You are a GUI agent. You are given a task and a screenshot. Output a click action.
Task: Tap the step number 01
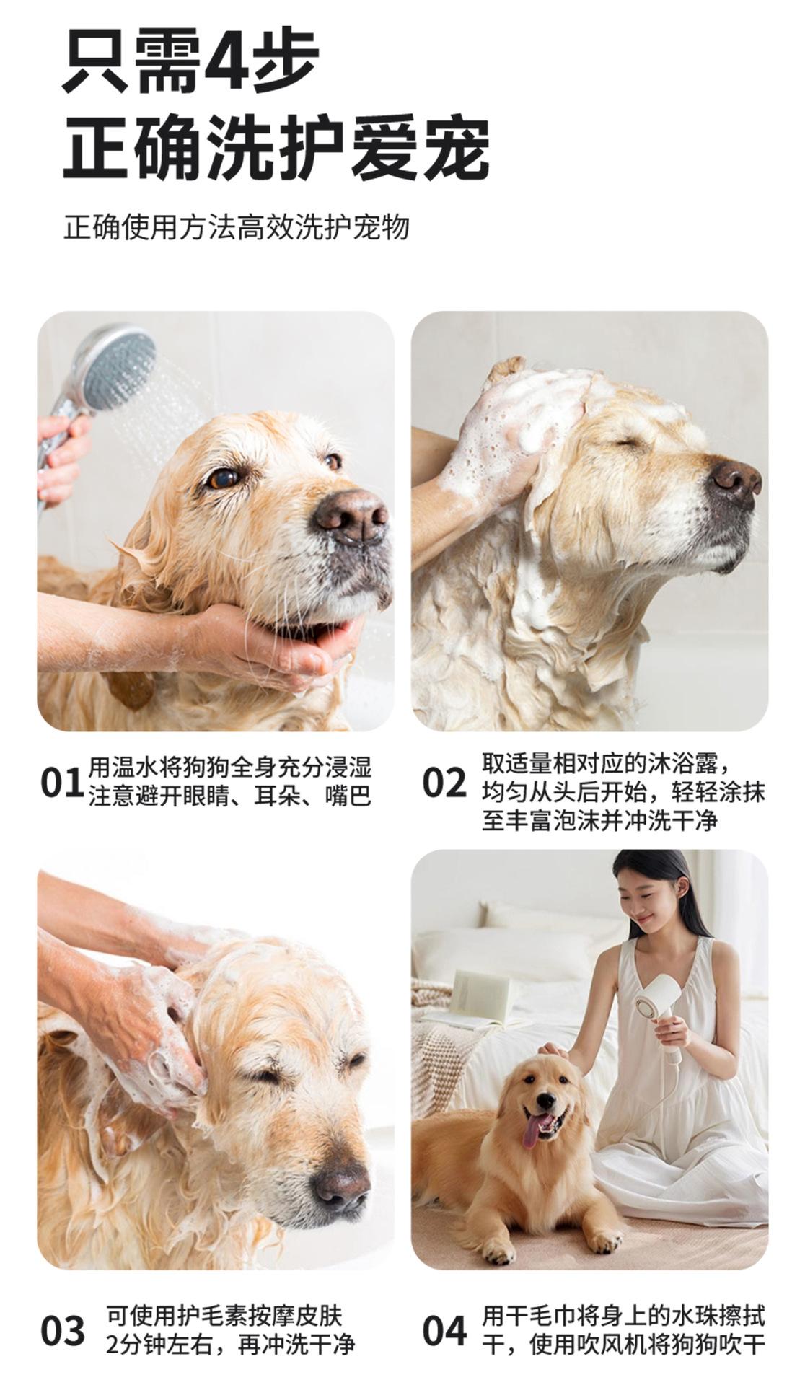click(x=62, y=783)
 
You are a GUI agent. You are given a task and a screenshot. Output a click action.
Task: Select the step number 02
click(x=444, y=783)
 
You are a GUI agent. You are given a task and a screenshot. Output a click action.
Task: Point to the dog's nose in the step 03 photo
click(x=340, y=1187)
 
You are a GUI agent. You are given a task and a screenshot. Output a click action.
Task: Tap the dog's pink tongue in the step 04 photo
click(x=532, y=1137)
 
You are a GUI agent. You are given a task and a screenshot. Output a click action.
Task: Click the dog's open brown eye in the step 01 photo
click(x=223, y=478)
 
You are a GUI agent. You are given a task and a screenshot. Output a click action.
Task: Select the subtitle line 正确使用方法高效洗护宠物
click(x=237, y=227)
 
